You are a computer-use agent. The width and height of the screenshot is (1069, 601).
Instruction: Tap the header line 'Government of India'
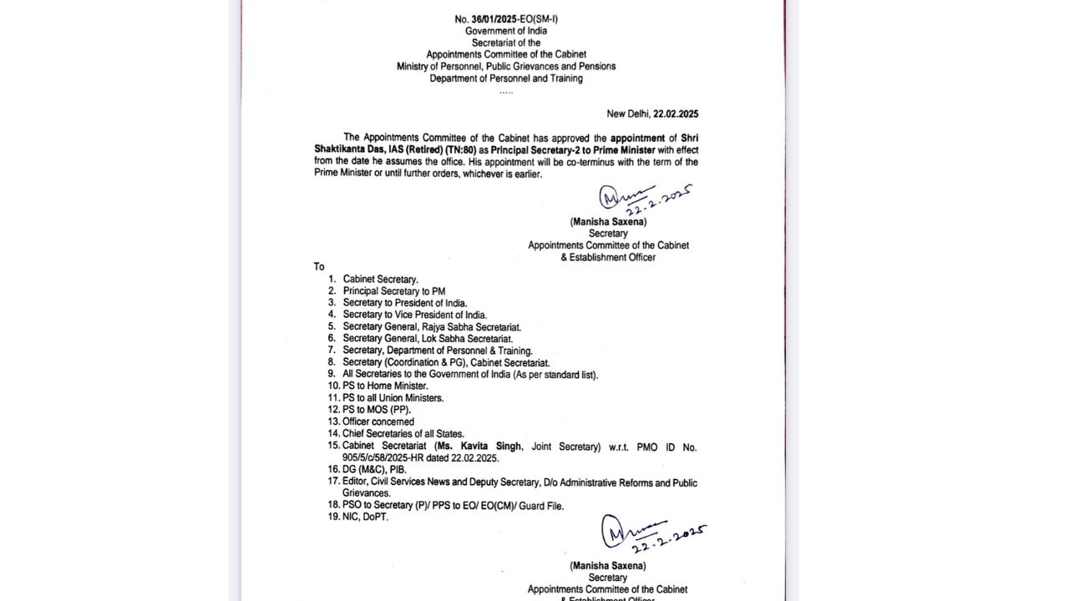506,31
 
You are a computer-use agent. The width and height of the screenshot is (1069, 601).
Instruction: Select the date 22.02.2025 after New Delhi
676,114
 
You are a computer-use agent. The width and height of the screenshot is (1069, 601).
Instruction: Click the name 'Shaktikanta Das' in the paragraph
345,149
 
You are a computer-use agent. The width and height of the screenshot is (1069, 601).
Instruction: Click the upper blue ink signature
643,199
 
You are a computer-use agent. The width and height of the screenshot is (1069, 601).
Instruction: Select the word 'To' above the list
319,267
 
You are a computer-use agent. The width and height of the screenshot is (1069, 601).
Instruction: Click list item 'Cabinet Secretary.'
380,279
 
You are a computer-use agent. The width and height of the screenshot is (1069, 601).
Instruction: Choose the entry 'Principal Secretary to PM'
393,291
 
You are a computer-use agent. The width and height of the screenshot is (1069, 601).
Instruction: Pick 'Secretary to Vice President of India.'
414,315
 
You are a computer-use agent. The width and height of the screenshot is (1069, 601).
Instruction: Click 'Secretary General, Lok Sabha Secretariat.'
428,339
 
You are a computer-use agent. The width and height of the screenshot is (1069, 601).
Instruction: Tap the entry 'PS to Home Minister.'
385,386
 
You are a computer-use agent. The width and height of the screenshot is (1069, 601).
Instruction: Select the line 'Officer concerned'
377,422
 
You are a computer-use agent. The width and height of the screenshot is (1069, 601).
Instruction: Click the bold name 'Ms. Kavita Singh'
482,447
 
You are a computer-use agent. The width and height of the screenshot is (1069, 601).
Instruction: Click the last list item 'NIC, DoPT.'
365,517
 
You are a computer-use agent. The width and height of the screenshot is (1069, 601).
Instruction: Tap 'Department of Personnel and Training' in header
506,78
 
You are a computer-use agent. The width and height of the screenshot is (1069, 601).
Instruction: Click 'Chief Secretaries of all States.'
403,434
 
